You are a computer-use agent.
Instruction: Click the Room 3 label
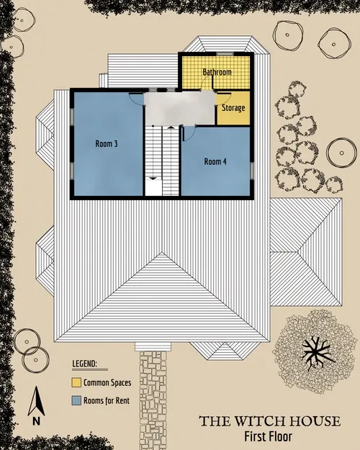(107, 144)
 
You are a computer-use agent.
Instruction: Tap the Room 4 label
(215, 161)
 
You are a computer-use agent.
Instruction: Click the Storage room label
(233, 108)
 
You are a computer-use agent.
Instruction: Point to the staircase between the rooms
(161, 155)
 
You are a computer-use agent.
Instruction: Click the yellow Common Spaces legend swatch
(76, 382)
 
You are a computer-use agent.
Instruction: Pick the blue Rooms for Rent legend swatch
(76, 400)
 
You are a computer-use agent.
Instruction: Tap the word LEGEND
(85, 365)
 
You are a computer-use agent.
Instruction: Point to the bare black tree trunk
(314, 351)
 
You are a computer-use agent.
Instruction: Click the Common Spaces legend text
(107, 382)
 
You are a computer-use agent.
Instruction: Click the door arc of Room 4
(190, 130)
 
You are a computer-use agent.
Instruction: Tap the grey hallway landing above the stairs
(180, 109)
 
